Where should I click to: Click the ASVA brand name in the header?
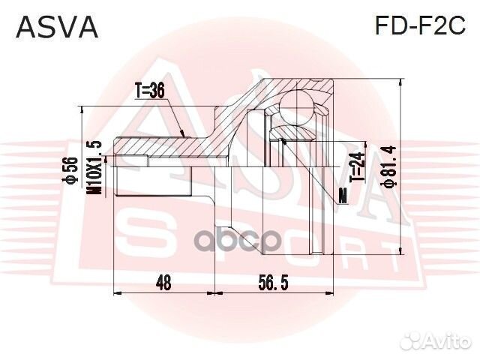(x=57, y=28)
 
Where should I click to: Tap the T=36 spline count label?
(x=150, y=91)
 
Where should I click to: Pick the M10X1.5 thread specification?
(x=94, y=166)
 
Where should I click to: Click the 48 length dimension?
(x=164, y=283)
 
